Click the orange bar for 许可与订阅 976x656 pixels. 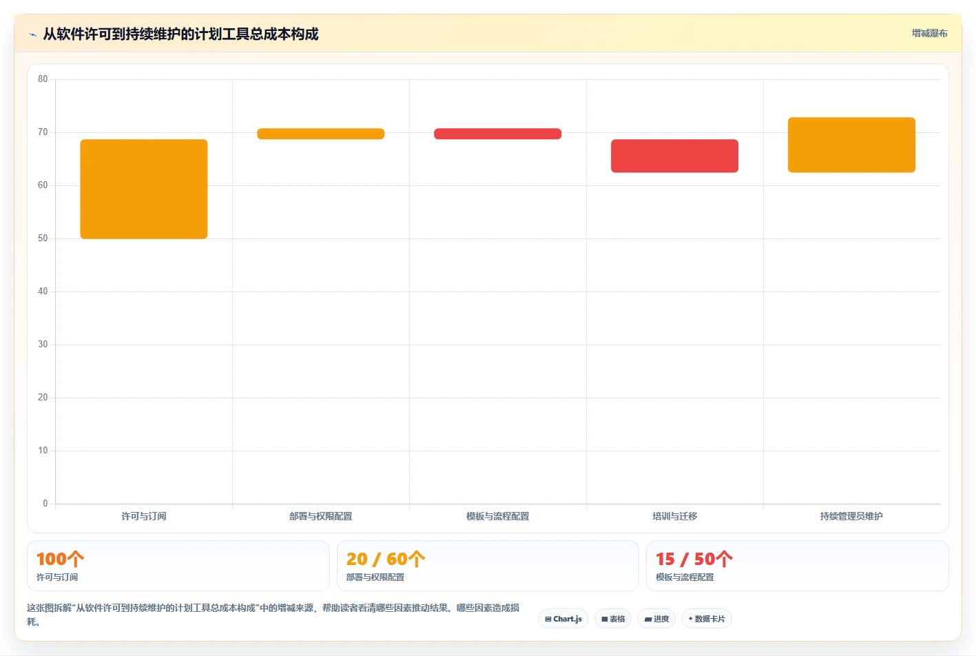point(144,189)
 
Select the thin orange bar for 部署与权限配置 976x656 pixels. point(321,134)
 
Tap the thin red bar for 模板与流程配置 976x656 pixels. point(497,134)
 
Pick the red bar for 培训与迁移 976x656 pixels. point(674,156)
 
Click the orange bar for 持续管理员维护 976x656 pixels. point(851,145)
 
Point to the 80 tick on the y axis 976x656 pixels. point(43,79)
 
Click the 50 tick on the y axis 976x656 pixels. point(43,238)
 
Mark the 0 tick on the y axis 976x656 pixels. point(45,504)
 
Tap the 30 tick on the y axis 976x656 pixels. point(43,345)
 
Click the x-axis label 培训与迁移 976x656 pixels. point(674,517)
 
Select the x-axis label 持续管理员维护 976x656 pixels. point(851,517)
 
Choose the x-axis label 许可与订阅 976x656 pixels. point(144,517)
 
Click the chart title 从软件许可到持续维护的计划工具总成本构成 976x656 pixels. point(180,34)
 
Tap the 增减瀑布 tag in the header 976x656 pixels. point(929,34)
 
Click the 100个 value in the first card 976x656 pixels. point(60,559)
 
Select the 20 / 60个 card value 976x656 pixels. point(385,559)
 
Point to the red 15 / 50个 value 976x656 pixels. point(694,559)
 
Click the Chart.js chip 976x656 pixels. point(563,619)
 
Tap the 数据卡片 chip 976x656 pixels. point(706,619)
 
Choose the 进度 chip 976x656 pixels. point(656,619)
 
